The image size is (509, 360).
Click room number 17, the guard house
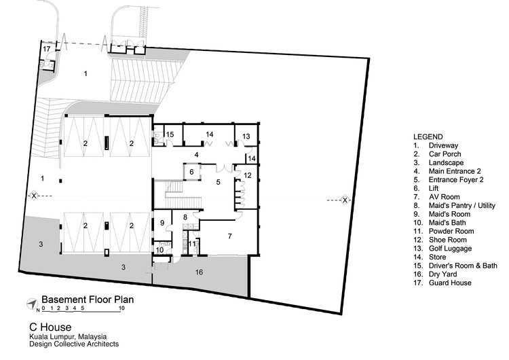click(x=47, y=50)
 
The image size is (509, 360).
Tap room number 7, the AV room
click(x=229, y=236)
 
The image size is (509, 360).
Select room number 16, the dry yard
click(x=199, y=272)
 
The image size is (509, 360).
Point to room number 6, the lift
click(x=191, y=173)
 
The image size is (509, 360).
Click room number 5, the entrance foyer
click(x=218, y=182)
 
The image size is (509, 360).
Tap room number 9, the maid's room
click(x=162, y=223)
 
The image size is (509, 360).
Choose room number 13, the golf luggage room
click(x=246, y=137)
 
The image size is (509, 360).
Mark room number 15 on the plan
click(x=170, y=134)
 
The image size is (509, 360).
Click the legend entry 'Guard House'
click(x=450, y=283)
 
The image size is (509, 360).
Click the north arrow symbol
click(x=31, y=303)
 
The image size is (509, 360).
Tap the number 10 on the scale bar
click(x=122, y=308)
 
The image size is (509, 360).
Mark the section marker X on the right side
click(x=345, y=200)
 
